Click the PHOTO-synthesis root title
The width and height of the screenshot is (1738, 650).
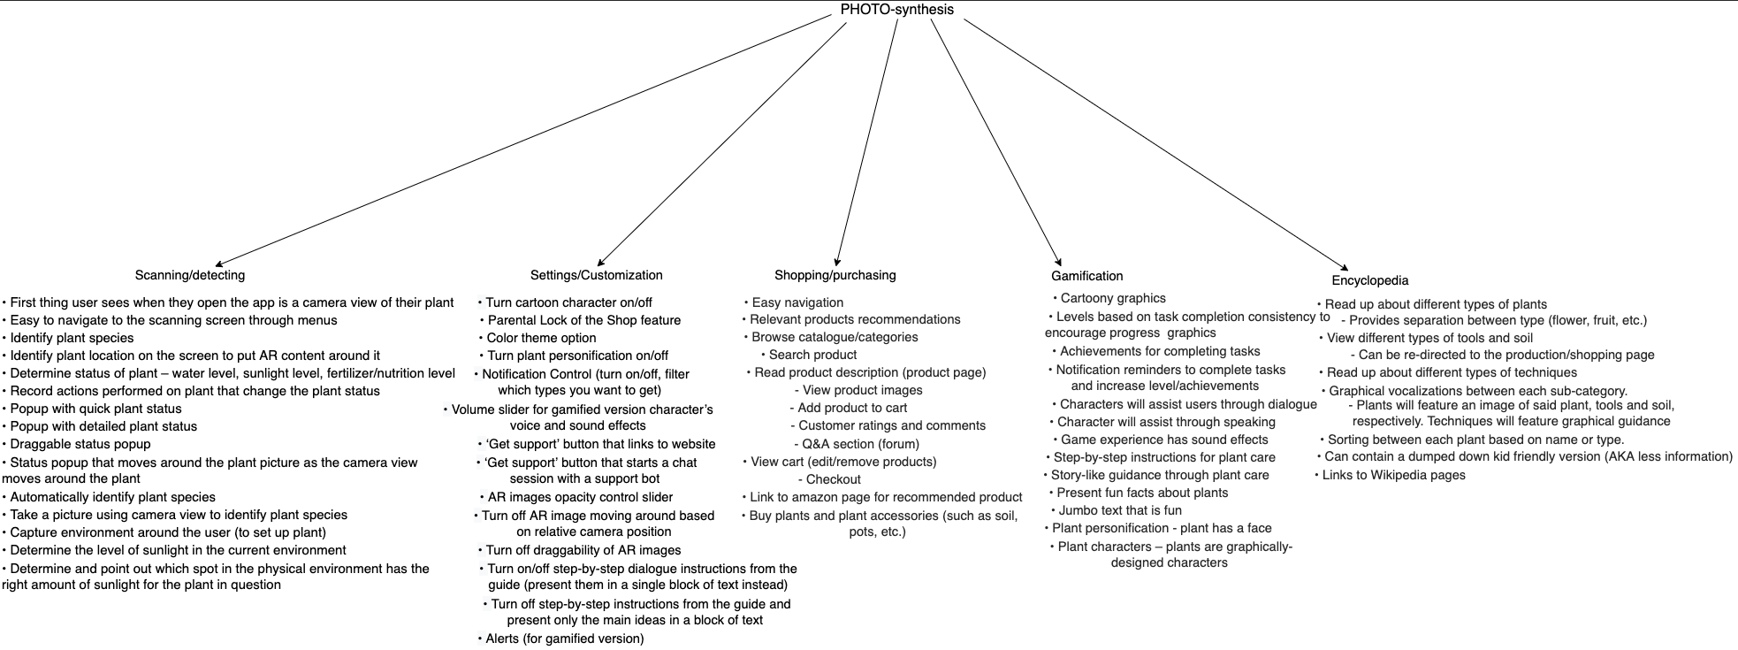pyautogui.click(x=897, y=10)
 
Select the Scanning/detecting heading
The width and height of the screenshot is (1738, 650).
pyautogui.click(x=190, y=275)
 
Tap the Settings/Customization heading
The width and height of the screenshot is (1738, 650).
pyautogui.click(x=597, y=275)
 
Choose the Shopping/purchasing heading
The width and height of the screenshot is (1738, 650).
pyautogui.click(x=835, y=275)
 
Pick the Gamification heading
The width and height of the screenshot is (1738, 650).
pyautogui.click(x=1087, y=276)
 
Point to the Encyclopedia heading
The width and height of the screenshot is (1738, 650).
pyautogui.click(x=1370, y=280)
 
